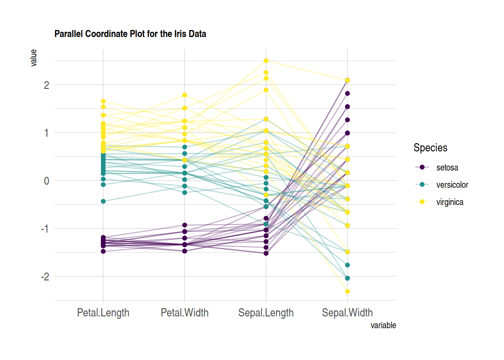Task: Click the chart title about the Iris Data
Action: tap(130, 34)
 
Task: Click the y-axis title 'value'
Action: tap(34, 58)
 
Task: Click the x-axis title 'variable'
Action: tap(383, 325)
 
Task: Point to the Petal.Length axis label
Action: tap(103, 312)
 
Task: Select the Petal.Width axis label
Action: tap(184, 312)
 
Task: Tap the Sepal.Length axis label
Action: tap(266, 312)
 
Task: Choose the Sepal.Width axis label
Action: tap(347, 312)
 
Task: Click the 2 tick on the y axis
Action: tap(46, 85)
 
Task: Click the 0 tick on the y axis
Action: tap(46, 181)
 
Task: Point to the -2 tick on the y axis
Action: tap(45, 277)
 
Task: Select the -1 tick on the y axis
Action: tap(45, 229)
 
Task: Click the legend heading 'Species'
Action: tap(430, 148)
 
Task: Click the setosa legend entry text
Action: tap(447, 168)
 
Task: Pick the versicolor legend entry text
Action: tap(452, 185)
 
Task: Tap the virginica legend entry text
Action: tap(450, 202)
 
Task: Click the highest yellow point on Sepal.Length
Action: tap(266, 61)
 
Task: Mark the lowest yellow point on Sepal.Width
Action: tap(347, 291)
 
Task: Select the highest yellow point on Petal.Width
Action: tap(184, 95)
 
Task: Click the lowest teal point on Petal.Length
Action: tap(103, 201)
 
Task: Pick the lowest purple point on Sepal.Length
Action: tap(266, 253)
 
